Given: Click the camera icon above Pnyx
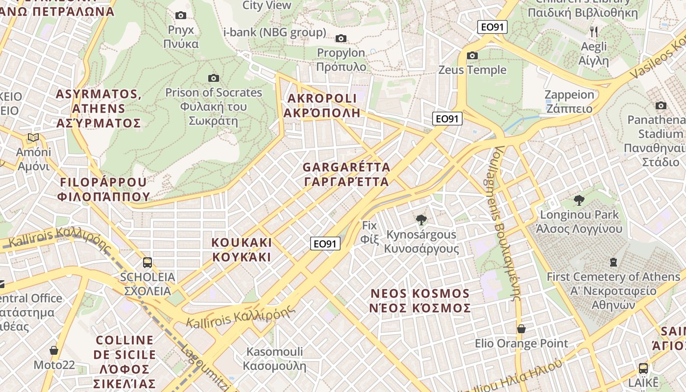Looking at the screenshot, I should tap(181, 16).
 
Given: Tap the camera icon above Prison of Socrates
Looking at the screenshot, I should tap(213, 78).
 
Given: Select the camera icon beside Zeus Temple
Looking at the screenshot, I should tap(472, 55).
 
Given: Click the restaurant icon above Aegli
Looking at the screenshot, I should tap(594, 32).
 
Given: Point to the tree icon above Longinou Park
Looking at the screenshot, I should tap(579, 200).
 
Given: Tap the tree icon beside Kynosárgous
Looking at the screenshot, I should tap(421, 220).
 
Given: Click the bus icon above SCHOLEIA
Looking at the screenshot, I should tap(147, 263).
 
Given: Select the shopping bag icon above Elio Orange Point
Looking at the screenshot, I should tap(521, 329).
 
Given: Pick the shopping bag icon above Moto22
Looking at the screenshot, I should tap(54, 350).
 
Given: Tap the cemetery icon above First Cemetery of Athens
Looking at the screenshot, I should tap(613, 262).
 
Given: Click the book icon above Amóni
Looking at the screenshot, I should tap(33, 138).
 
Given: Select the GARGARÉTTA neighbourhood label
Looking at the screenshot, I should tap(346, 174).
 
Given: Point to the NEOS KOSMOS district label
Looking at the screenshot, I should tap(420, 300).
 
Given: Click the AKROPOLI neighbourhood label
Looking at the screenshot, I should tap(322, 105).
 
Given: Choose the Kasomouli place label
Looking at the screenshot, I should tap(274, 359).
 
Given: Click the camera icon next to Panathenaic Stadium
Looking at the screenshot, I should tap(661, 105).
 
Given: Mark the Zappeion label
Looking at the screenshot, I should tap(569, 101).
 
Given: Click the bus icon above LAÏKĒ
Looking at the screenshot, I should tap(643, 368).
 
